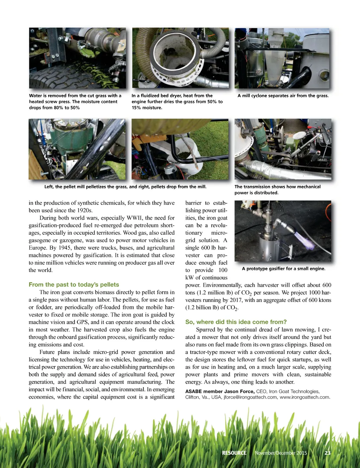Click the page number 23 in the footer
pyautogui.click(x=327, y=453)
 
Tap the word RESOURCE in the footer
pyautogui.click(x=234, y=453)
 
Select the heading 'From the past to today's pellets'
pyautogui.click(x=74, y=285)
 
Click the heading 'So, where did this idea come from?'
pyautogui.click(x=236, y=322)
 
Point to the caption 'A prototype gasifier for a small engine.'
pyautogui.click(x=284, y=269)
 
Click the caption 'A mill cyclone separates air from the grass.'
pyautogui.click(x=283, y=96)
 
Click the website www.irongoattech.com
pyautogui.click(x=304, y=397)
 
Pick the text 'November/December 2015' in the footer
pyautogui.click(x=281, y=453)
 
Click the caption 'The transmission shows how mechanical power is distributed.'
pyautogui.click(x=277, y=190)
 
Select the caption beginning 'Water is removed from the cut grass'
pyautogui.click(x=75, y=102)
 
